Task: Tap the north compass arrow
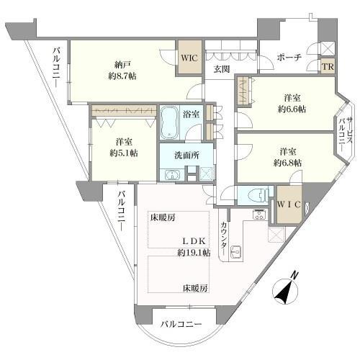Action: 286,292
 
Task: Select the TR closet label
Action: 328,67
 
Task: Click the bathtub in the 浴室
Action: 171,122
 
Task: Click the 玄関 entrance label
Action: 221,68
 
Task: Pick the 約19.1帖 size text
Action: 194,253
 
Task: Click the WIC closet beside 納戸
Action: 190,56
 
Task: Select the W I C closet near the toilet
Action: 290,204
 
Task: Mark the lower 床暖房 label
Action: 194,288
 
